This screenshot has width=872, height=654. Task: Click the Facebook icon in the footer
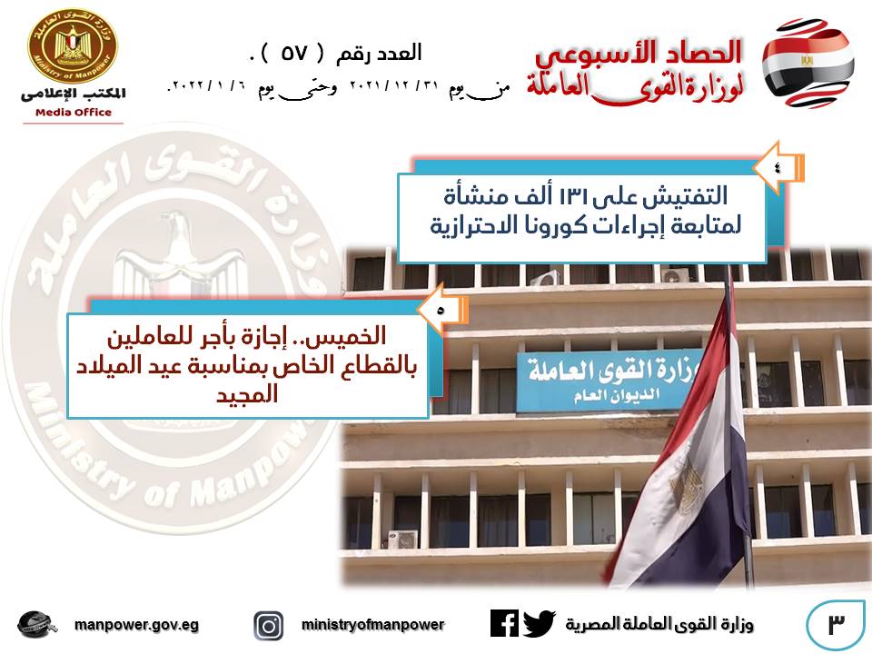coord(504,623)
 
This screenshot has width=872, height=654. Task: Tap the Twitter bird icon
coord(539,623)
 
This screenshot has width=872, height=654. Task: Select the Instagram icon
coord(269,626)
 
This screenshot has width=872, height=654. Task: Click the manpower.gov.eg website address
coord(136,625)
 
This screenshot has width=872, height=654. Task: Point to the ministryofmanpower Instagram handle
coord(372,625)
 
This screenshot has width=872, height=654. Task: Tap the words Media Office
coord(74,113)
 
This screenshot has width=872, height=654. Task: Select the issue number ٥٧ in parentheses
coord(293,53)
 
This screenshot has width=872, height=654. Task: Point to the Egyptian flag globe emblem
coord(808,63)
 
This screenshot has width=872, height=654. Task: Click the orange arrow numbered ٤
coord(778,167)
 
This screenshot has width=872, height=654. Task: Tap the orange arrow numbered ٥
coord(442,311)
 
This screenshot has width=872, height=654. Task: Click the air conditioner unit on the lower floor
coord(402,539)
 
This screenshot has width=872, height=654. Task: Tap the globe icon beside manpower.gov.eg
coord(36,625)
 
